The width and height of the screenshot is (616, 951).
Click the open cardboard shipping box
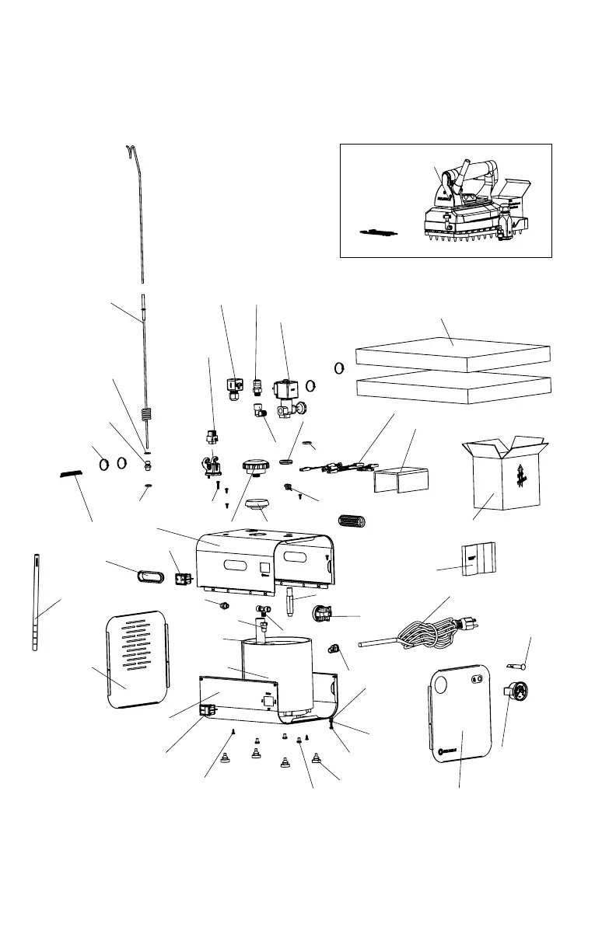501,478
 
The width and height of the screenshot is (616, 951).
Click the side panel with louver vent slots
137,659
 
